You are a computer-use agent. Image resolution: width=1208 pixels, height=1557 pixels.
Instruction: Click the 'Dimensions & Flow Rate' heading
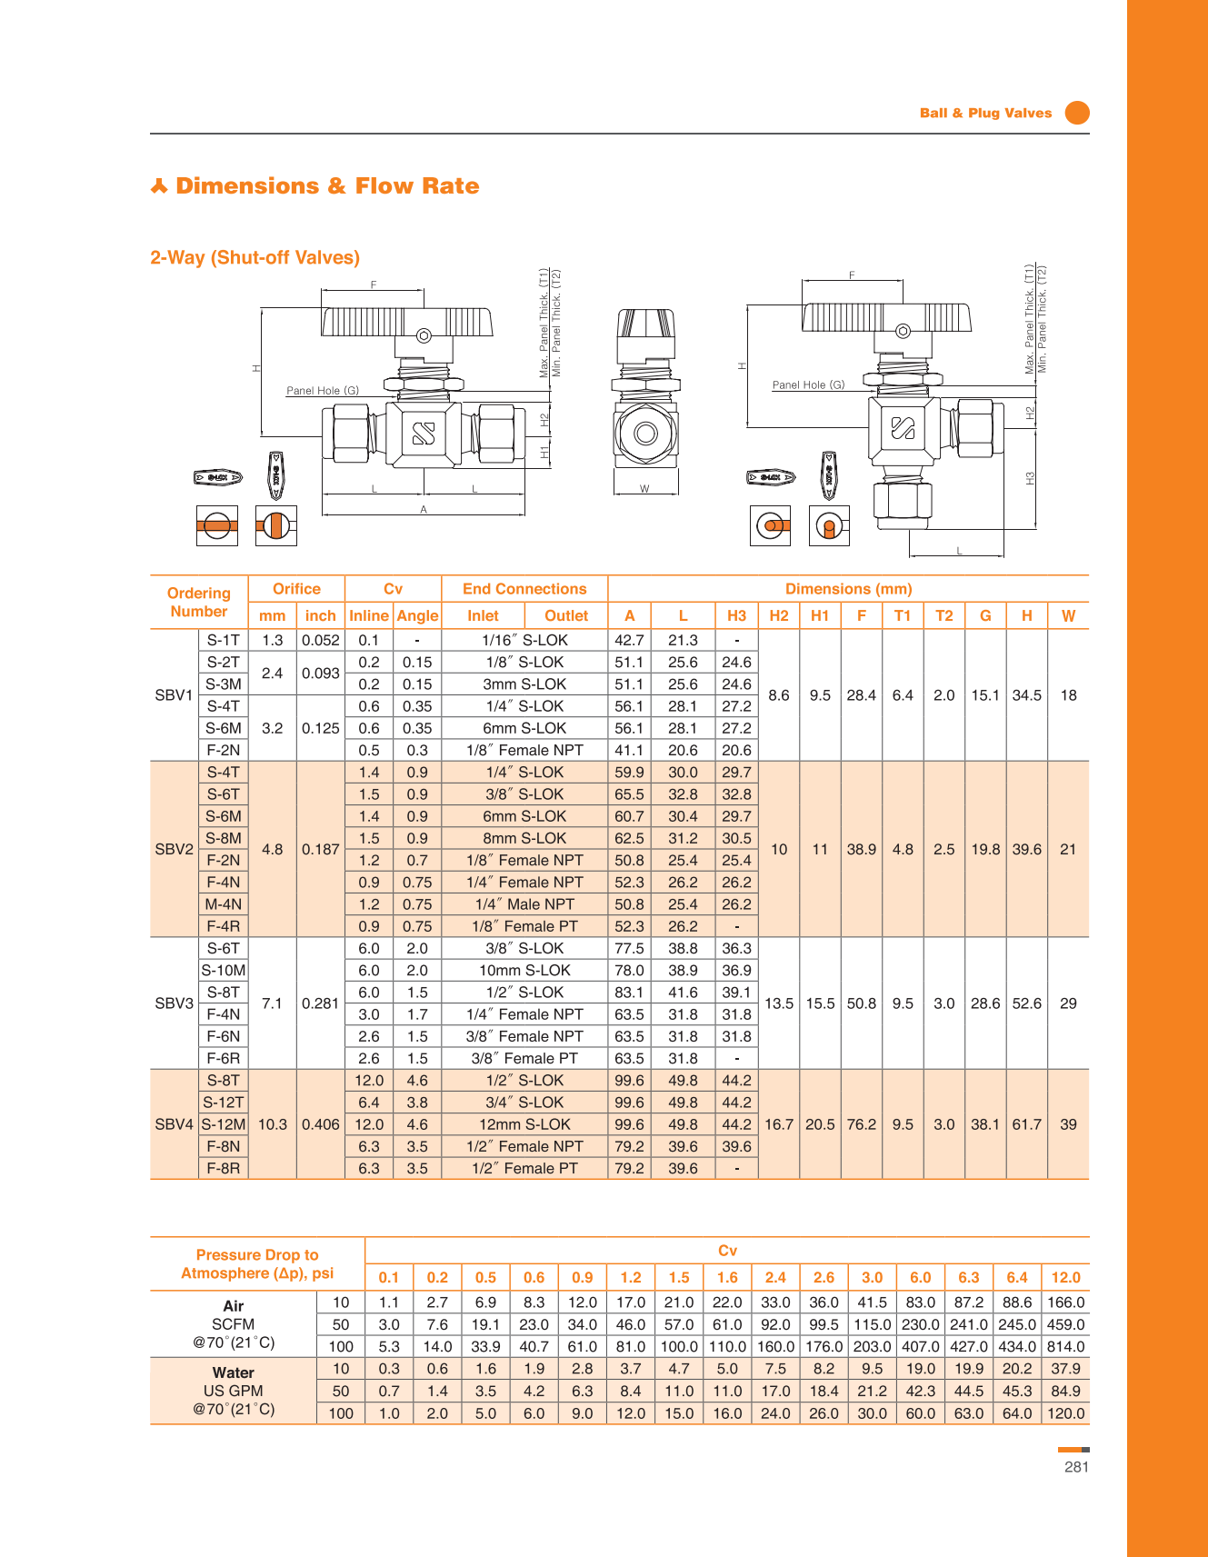pos(326,186)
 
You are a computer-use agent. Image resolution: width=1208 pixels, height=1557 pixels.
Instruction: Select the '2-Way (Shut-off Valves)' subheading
pos(255,257)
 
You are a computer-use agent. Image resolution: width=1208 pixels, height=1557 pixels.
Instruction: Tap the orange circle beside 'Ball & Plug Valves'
pos(1077,113)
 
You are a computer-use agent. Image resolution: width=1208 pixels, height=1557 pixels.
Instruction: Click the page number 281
pos(1076,1467)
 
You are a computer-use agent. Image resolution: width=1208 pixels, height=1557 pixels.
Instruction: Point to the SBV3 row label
pos(174,1003)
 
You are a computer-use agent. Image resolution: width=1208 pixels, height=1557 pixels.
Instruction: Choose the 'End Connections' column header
pos(524,589)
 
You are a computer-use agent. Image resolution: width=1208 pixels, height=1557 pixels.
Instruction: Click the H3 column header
pos(736,615)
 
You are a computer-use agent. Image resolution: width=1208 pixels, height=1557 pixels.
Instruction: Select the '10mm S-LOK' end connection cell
pos(524,971)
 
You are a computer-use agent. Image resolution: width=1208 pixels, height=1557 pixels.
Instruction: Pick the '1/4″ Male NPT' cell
pos(524,904)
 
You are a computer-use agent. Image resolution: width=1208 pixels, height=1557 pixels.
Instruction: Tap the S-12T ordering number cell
pos(223,1103)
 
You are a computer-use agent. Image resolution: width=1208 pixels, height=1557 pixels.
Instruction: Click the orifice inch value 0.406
pos(321,1124)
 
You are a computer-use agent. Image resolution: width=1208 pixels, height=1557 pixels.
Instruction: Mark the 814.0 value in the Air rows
pos(1065,1347)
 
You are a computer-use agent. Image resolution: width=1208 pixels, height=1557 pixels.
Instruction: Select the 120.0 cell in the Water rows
pos(1065,1413)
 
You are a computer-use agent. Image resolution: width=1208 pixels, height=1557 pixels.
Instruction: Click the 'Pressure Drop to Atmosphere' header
pos(257,1263)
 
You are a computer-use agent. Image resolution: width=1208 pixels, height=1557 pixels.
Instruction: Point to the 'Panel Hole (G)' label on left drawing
pos(323,391)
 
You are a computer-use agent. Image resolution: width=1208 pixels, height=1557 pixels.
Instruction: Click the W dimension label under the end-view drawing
pos(644,489)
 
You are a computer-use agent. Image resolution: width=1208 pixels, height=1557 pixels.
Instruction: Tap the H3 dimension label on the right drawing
pos(1031,477)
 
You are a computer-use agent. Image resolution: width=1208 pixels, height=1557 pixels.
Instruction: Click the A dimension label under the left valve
pos(424,510)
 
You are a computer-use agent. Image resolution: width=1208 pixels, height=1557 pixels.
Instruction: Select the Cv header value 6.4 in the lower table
pos(1017,1277)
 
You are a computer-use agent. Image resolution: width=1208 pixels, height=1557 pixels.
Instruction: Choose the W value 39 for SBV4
pos(1068,1124)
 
